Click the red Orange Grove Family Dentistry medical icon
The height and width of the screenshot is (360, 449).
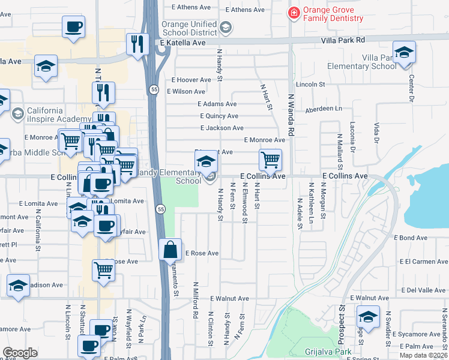pos(294,13)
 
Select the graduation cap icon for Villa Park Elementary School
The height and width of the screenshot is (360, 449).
pos(404,52)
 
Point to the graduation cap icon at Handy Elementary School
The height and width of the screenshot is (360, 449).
pos(206,161)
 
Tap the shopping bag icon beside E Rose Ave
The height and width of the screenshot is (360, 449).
pos(170,249)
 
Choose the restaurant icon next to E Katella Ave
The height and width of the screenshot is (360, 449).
pos(137,44)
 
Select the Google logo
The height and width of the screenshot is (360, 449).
pos(20,352)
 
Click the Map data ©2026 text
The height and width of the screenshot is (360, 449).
pos(423,355)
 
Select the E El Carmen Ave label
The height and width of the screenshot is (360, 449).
pos(423,262)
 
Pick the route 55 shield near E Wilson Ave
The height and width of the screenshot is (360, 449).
pos(153,89)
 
